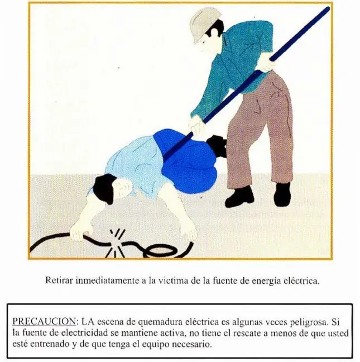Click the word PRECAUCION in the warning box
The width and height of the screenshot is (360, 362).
click(44, 321)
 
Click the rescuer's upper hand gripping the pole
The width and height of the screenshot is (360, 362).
click(267, 63)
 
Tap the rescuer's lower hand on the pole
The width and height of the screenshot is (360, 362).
click(196, 126)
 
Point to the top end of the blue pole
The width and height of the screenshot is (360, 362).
click(328, 9)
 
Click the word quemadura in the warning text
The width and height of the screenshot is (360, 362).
click(155, 322)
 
